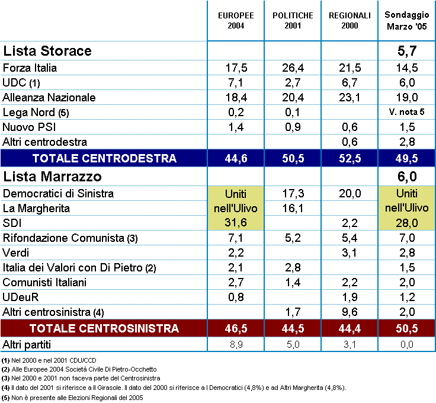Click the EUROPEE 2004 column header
[236, 21]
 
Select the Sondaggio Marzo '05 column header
[406, 21]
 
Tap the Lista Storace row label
[47, 51]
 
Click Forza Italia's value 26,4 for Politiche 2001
[293, 68]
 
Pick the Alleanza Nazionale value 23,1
[350, 98]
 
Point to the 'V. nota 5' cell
[406, 112]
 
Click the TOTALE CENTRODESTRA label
[104, 158]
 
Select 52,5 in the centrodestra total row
[350, 158]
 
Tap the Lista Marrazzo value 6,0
[407, 177]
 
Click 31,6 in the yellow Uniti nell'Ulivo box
[236, 223]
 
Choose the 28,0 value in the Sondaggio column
[406, 223]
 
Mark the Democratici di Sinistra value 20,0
[350, 194]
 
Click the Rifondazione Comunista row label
[70, 238]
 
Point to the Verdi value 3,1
[350, 253]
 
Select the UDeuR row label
[20, 298]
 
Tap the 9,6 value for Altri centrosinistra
[350, 312]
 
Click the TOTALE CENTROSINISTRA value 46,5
[236, 328]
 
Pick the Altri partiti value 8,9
[236, 345]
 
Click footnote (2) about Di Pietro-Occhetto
[79, 369]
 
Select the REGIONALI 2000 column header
[350, 21]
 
